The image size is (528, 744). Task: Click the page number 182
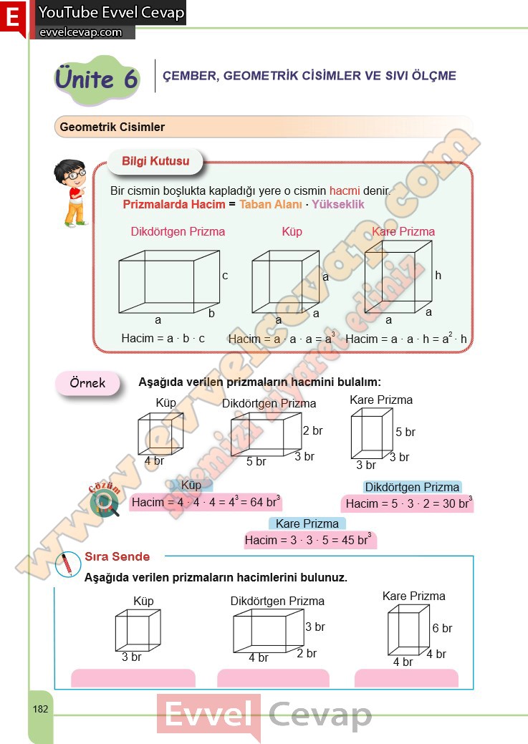point(40,709)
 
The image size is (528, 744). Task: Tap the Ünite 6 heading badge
point(97,78)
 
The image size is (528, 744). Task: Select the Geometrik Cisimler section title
point(112,127)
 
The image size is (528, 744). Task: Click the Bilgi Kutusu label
point(155,161)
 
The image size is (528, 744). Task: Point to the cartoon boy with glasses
point(70,192)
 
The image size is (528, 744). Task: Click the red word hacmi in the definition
point(345,191)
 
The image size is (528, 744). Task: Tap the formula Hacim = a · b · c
point(163,338)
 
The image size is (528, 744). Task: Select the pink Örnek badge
point(87,383)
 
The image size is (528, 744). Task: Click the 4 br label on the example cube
point(154,461)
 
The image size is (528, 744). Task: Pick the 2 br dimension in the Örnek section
point(313,431)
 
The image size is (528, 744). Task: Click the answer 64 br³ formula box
point(206,502)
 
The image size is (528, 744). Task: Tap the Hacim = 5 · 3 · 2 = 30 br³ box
point(407,504)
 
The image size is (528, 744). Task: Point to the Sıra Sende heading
point(117,556)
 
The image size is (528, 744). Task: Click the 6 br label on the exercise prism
point(442,629)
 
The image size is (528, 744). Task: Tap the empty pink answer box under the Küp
point(133,677)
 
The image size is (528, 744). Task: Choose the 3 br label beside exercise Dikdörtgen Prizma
point(315,627)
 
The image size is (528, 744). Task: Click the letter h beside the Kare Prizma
point(438,275)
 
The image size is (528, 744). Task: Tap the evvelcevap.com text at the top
point(80,32)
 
